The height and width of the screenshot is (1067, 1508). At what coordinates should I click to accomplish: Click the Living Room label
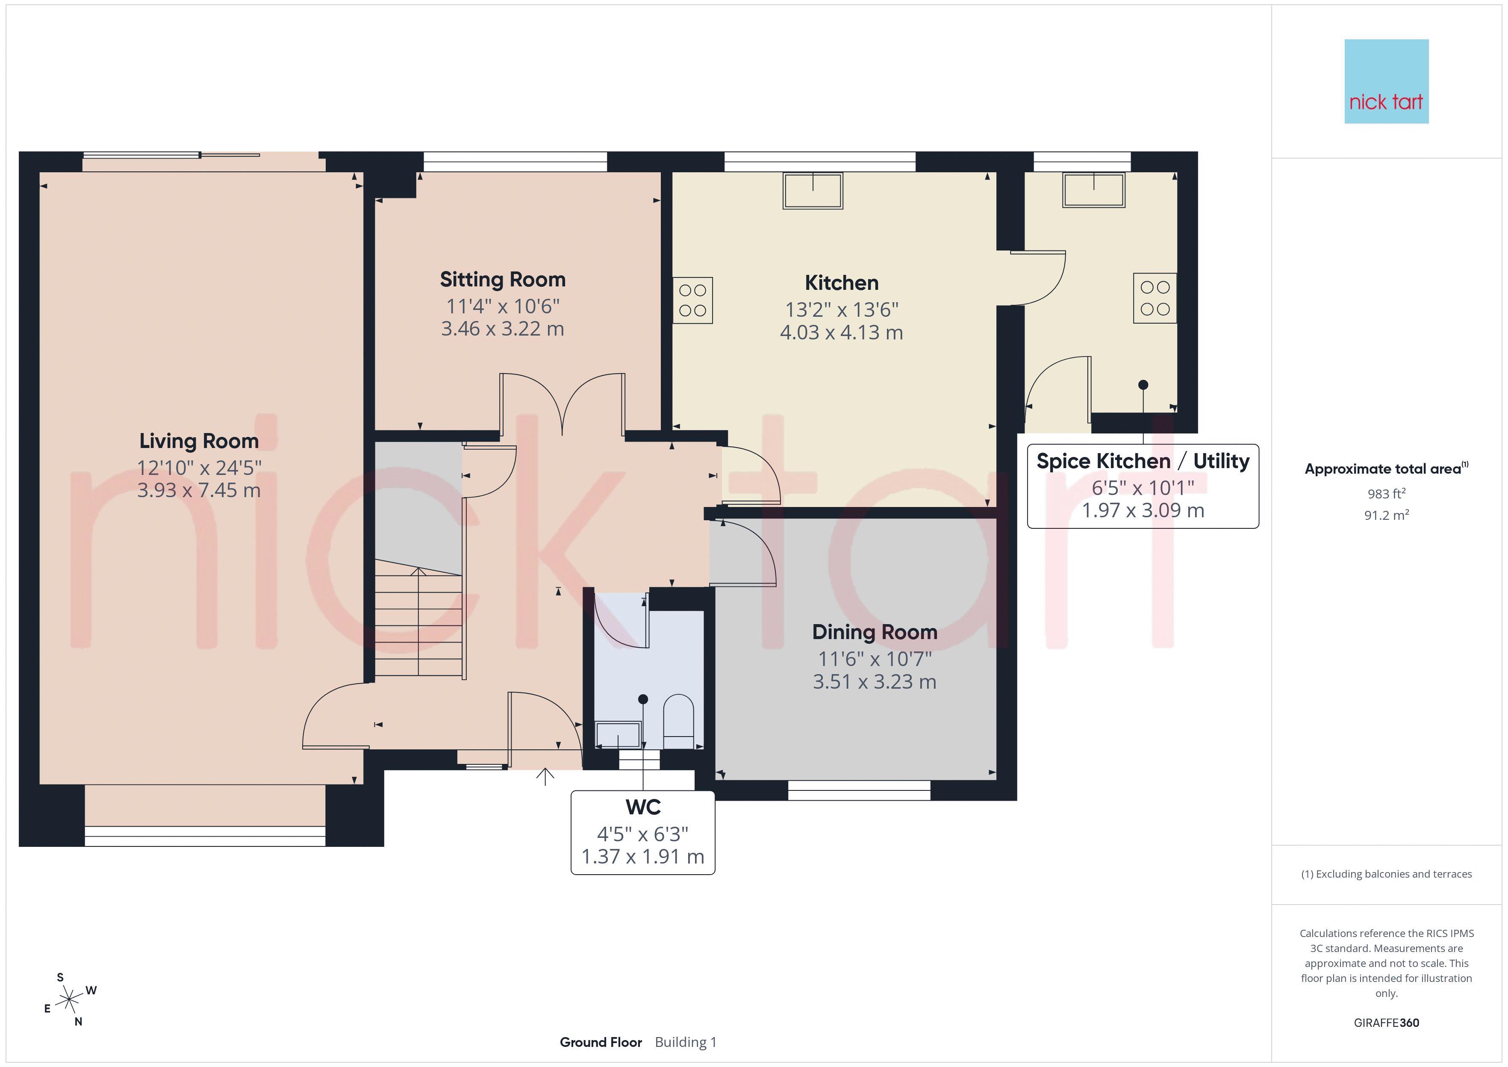coord(199,441)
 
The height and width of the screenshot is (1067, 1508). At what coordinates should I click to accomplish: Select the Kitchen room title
coord(841,283)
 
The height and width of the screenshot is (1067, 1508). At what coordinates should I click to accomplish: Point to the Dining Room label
coord(874,632)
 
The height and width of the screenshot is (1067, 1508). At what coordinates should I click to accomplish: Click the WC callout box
coord(643,832)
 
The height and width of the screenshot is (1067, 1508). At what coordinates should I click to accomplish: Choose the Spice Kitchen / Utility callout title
coord(1143,461)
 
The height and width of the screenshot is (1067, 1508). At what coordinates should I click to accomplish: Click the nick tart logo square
coord(1387,82)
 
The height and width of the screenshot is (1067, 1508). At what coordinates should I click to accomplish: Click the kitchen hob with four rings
coord(693,300)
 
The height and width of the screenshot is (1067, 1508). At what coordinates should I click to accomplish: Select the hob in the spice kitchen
coord(1155,298)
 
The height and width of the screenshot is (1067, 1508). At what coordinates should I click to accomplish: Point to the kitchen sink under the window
coord(813,191)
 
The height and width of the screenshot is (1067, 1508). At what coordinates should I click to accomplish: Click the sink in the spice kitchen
coord(1094,190)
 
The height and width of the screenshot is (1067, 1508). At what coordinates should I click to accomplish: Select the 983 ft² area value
coord(1387,493)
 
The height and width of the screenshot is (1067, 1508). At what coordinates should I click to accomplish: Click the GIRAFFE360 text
coord(1387,1022)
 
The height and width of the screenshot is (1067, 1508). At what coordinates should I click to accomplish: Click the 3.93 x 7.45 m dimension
coord(199,490)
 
